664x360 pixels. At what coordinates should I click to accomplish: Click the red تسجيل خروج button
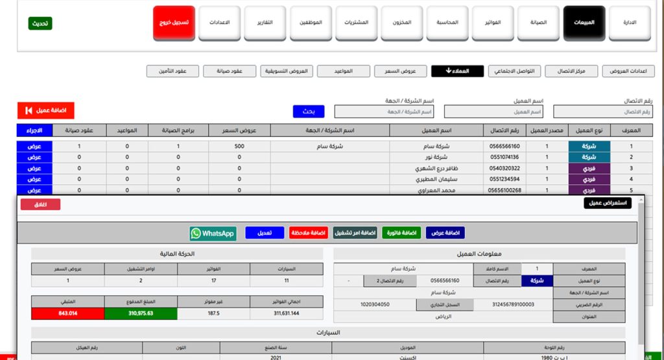tap(174, 23)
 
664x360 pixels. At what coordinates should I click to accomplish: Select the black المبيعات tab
tap(584, 23)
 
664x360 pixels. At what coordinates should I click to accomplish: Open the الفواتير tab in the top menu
tap(493, 23)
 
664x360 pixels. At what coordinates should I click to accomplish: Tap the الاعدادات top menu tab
tap(219, 23)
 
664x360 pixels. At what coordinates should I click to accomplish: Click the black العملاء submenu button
tap(457, 71)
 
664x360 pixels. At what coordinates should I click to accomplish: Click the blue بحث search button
tap(308, 112)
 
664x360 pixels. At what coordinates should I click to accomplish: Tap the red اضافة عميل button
tap(46, 111)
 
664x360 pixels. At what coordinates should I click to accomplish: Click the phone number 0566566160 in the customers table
tap(506, 147)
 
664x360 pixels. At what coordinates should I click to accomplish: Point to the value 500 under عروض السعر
tap(239, 147)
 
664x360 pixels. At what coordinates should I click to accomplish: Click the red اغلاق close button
tap(40, 204)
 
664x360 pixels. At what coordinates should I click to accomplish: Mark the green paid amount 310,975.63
tap(141, 313)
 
